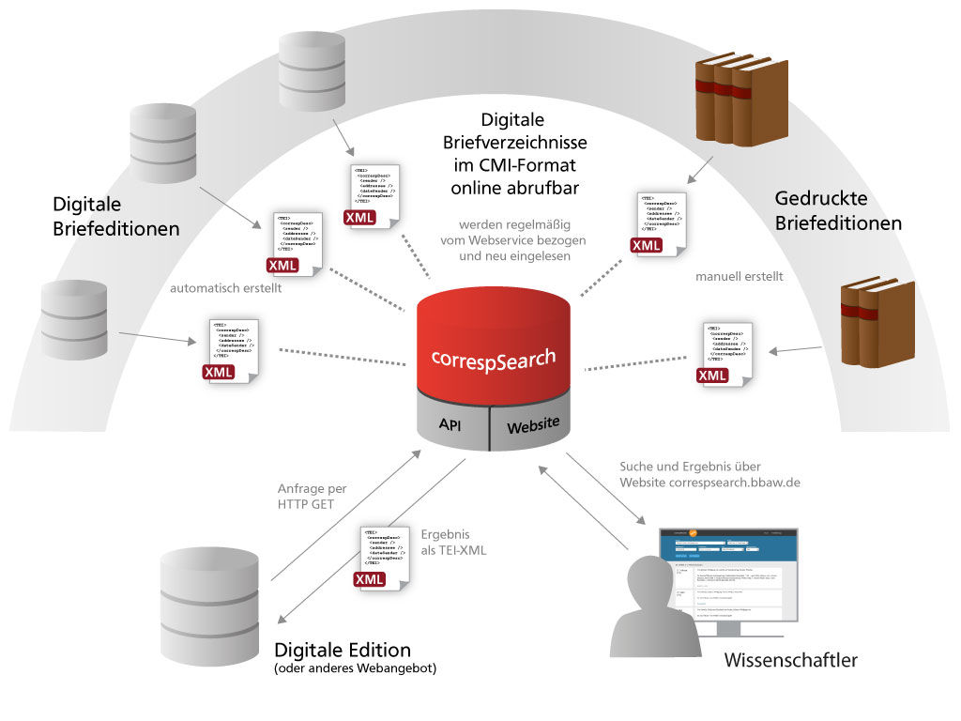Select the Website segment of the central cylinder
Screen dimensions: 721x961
click(x=533, y=426)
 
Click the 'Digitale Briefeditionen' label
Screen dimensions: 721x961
click(x=116, y=216)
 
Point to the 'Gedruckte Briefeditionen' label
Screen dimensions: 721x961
click(x=838, y=211)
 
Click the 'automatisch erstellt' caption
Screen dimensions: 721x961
click(x=225, y=288)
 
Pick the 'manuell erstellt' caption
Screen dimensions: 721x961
click(x=740, y=277)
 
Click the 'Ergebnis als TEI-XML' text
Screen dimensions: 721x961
click(x=454, y=542)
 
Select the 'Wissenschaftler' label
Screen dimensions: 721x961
click(x=790, y=661)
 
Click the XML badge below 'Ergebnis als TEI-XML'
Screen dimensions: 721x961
click(x=370, y=579)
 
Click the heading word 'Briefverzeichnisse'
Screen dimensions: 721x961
click(x=515, y=143)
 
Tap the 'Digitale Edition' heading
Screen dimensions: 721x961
click(x=343, y=650)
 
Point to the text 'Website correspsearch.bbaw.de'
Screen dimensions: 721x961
click(x=709, y=482)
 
